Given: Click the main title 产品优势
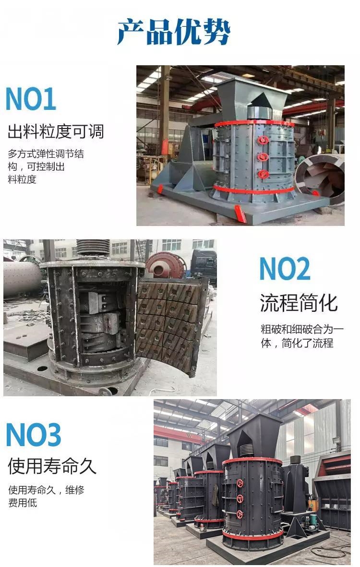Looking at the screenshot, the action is [174, 32].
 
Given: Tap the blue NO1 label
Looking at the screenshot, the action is [31, 99].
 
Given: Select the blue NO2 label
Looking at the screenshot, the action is [285, 268].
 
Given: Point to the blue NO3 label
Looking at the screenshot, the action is [33, 435].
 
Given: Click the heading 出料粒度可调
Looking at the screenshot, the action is [56, 131].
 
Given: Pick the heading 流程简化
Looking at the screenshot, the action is [299, 303].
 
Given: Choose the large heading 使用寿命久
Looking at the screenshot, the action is [52, 466].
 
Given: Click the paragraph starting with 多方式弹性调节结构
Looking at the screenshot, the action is [46, 166].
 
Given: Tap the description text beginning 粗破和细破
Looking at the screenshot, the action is [302, 336].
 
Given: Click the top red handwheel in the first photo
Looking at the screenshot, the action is [263, 140].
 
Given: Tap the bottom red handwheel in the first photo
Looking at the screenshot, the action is [263, 174].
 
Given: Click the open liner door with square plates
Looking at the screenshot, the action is [173, 325].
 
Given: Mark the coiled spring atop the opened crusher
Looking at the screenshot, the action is [93, 248].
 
